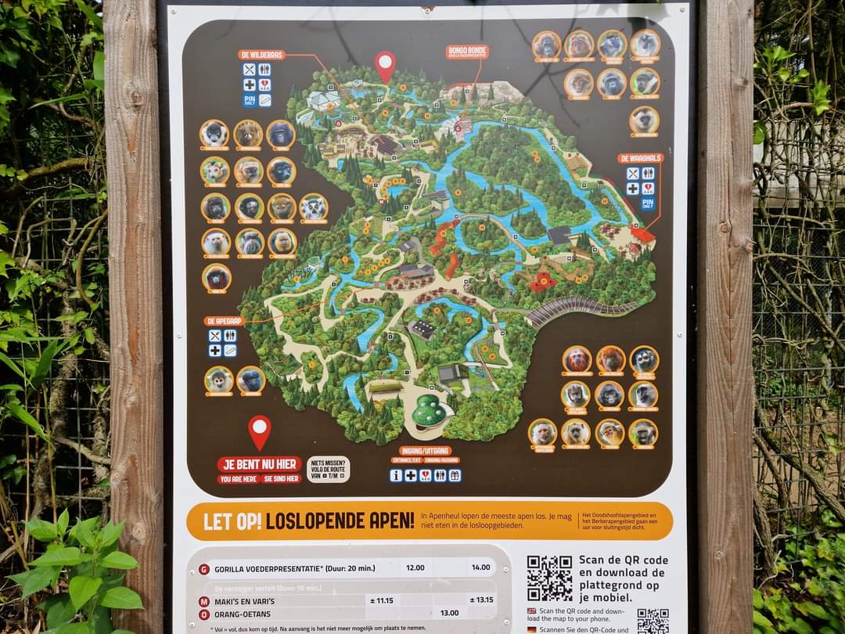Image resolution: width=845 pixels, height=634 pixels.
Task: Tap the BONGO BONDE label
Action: [467, 52]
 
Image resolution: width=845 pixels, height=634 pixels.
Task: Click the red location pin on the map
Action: [385, 66]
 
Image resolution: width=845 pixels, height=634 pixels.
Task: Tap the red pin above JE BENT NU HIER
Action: [260, 431]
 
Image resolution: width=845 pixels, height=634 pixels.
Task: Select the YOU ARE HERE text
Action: [238, 479]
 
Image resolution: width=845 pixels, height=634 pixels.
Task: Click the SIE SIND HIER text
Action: [282, 479]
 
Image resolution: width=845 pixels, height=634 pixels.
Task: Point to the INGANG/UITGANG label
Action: [425, 451]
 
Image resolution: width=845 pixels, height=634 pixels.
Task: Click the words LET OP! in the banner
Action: [232, 521]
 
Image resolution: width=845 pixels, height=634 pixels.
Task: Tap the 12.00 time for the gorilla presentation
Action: [415, 568]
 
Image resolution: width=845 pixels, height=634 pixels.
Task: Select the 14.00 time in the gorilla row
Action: [480, 568]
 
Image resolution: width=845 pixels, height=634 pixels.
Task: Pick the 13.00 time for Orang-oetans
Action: [449, 613]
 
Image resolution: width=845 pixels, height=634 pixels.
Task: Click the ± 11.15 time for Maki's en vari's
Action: [382, 600]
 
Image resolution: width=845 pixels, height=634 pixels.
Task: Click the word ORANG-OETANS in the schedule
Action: [243, 614]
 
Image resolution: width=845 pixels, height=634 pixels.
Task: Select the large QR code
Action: [549, 578]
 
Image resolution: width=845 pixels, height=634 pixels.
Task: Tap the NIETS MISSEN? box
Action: [328, 469]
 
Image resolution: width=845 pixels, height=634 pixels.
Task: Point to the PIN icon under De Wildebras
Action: [250, 100]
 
